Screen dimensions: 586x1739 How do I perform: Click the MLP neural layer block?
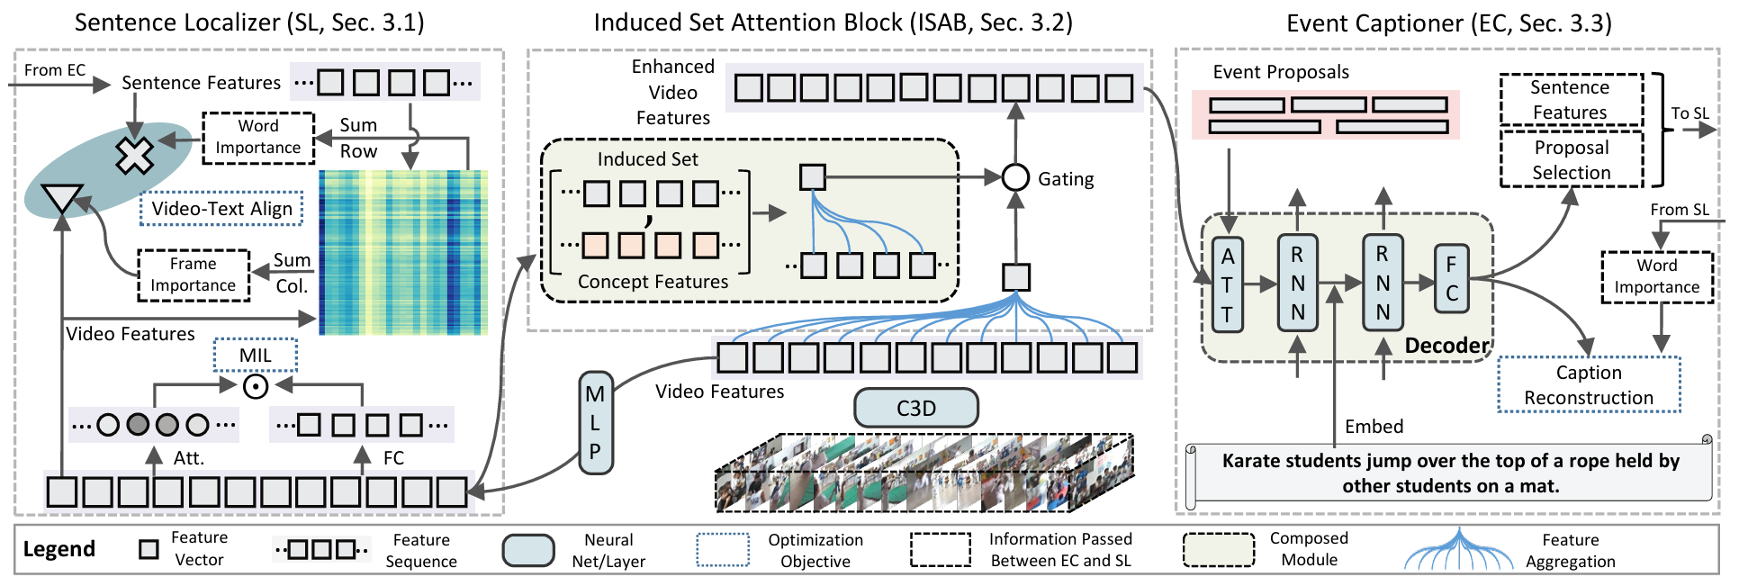click(595, 422)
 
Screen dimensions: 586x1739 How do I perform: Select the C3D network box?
click(915, 409)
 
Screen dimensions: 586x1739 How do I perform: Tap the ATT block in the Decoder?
click(1228, 284)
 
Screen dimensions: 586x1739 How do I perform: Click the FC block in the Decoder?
click(1451, 279)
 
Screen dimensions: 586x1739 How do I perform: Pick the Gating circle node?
click(1015, 177)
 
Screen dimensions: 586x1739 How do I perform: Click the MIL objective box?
click(256, 356)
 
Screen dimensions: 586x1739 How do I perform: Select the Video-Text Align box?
click(221, 209)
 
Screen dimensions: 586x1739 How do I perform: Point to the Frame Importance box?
click(194, 275)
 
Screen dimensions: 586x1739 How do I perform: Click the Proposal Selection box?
click(1571, 160)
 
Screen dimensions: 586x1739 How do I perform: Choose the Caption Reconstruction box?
click(1589, 385)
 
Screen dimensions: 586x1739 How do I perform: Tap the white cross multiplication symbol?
click(134, 156)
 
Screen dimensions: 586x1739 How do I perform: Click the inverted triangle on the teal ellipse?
click(62, 198)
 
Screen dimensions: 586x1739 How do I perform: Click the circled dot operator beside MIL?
click(256, 387)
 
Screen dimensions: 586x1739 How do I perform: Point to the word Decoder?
click(1446, 346)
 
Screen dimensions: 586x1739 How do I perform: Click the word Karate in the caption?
click(1251, 461)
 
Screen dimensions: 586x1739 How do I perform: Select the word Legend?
click(59, 549)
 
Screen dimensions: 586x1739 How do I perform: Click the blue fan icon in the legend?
click(1459, 550)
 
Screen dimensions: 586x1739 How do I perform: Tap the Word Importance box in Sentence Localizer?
click(258, 137)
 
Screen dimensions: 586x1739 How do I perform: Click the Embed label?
click(1374, 427)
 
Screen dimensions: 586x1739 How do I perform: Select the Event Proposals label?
click(1281, 72)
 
